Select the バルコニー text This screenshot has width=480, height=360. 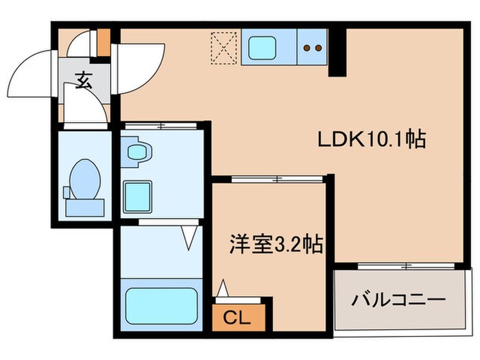tap(399, 300)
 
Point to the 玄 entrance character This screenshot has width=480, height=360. tap(83, 83)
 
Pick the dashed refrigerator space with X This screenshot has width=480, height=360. tap(224, 49)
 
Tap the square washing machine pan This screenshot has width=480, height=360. tap(137, 197)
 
